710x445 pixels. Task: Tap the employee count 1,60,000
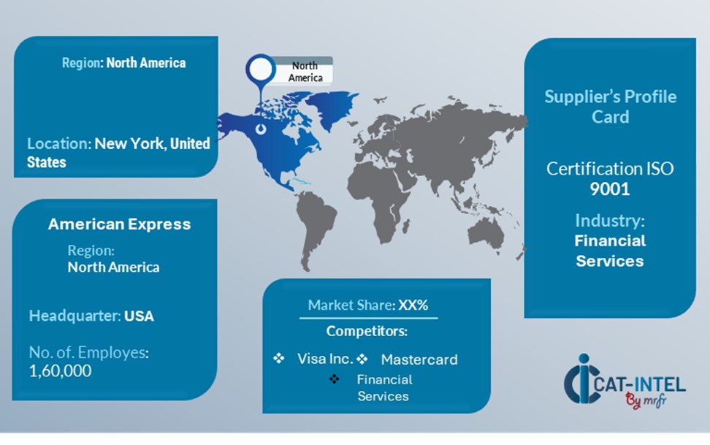pyautogui.click(x=61, y=370)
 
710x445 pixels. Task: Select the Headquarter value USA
pyautogui.click(x=139, y=316)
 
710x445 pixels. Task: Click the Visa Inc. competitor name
pyautogui.click(x=325, y=359)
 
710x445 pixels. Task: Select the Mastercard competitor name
pyautogui.click(x=419, y=360)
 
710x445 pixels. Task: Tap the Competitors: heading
pyautogui.click(x=367, y=332)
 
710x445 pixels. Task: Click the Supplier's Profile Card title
pyautogui.click(x=610, y=107)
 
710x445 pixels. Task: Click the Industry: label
pyautogui.click(x=609, y=221)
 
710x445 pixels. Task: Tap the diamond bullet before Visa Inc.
pyautogui.click(x=278, y=359)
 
